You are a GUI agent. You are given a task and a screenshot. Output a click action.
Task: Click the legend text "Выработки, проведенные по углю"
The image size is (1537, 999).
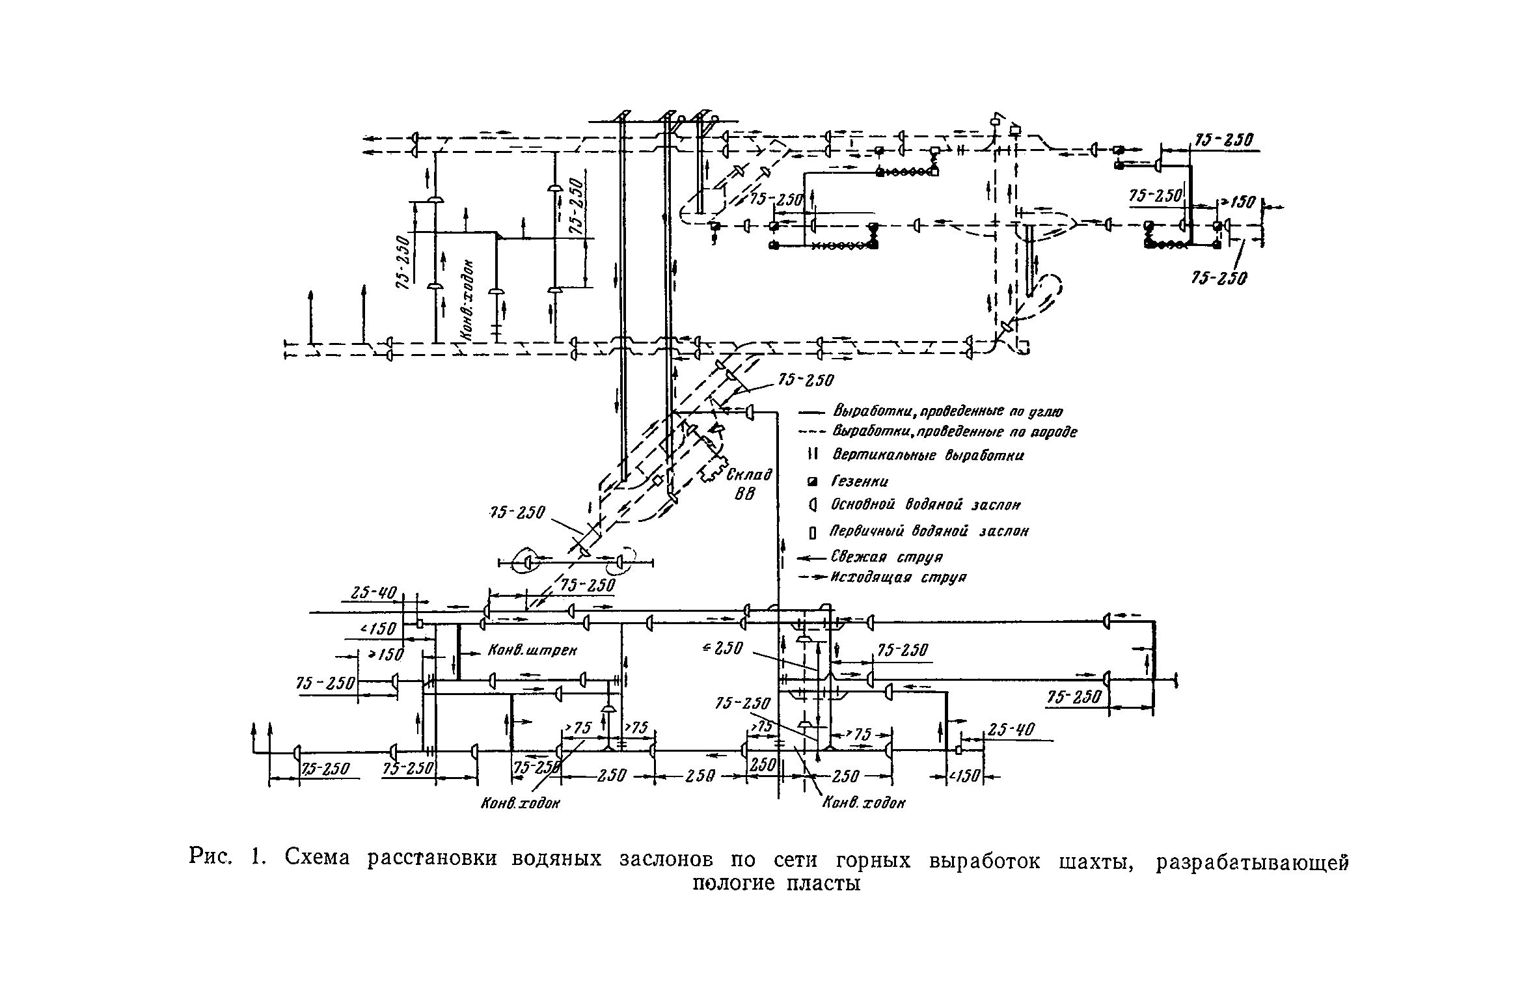pos(948,412)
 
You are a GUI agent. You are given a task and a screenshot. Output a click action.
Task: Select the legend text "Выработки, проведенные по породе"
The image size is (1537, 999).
pos(955,432)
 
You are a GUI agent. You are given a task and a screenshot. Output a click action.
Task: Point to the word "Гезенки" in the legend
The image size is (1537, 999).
pos(860,482)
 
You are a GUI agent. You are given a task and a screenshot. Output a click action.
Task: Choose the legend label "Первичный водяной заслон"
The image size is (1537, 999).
pos(929,532)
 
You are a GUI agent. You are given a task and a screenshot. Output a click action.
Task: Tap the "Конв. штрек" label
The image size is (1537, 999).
pos(532,650)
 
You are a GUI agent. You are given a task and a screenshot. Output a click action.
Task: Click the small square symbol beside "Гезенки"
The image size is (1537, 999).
pos(811,482)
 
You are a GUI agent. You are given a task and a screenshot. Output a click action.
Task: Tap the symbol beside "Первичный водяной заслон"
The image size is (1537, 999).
pos(812,533)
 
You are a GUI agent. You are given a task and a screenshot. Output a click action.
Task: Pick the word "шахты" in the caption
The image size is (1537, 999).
pos(1097,862)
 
